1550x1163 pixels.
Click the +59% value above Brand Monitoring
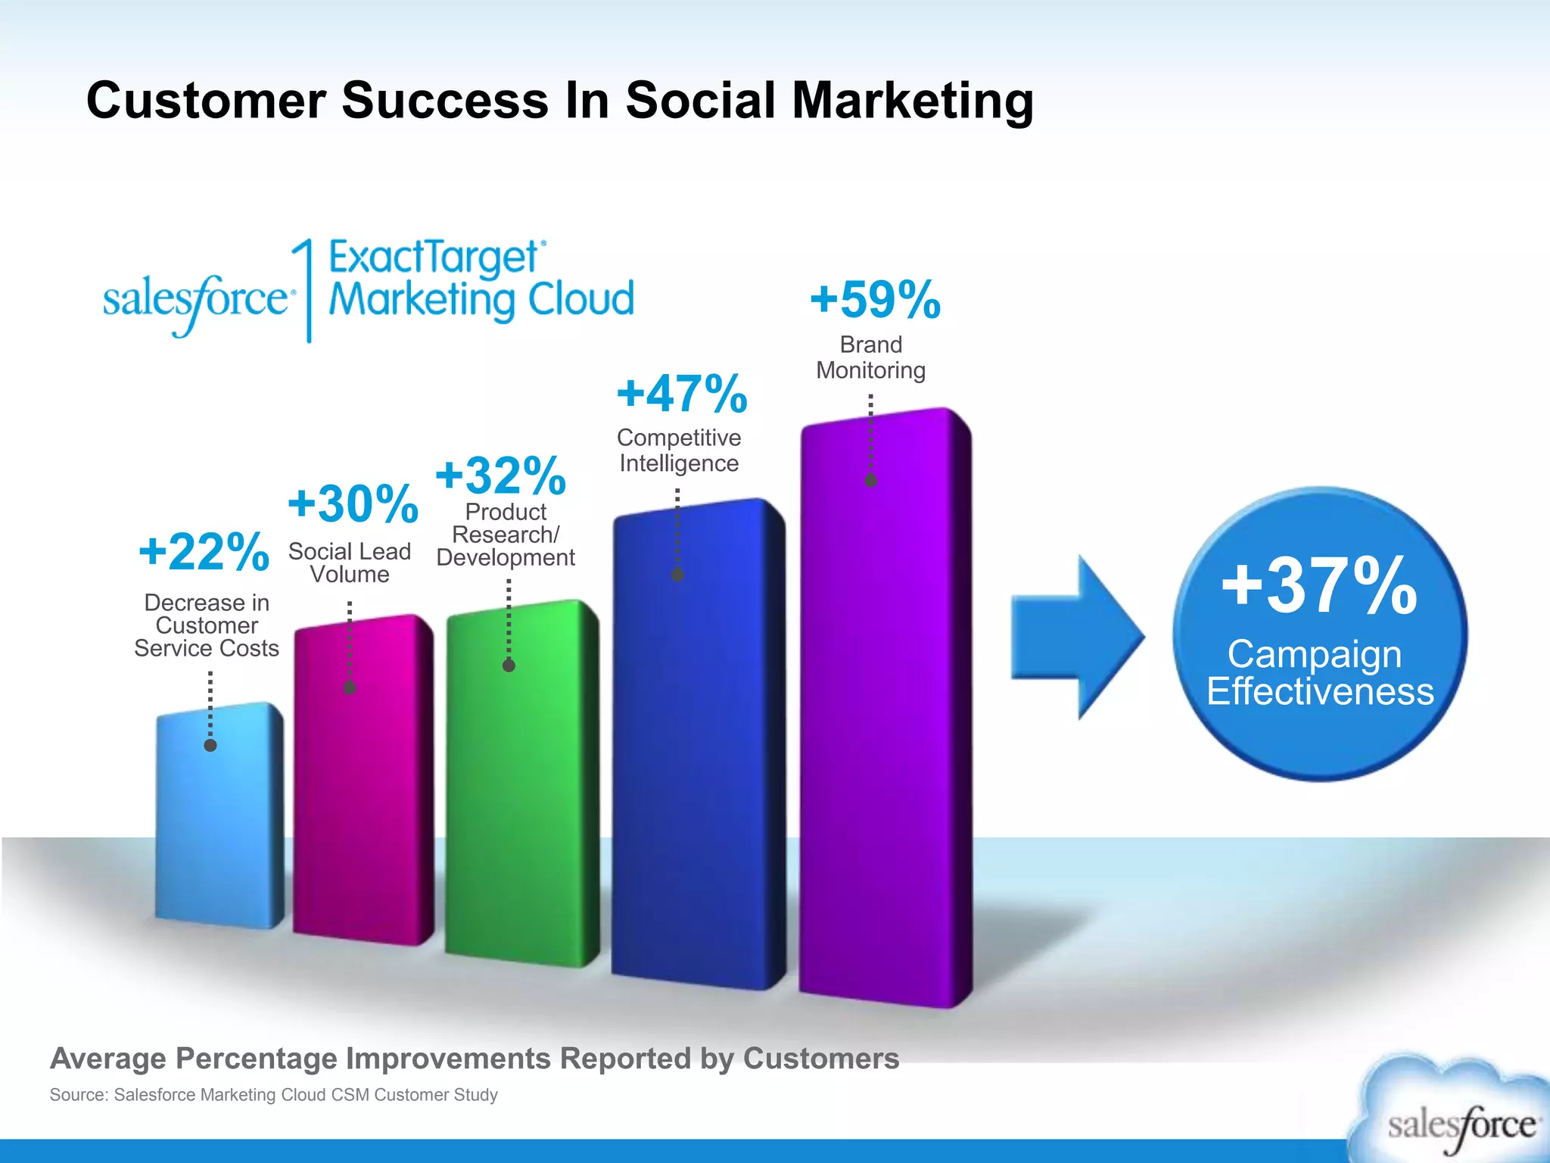(875, 300)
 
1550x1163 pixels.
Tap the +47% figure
(682, 394)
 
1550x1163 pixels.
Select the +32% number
(500, 475)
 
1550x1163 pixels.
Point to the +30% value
(353, 504)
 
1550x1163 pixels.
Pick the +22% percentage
(204, 551)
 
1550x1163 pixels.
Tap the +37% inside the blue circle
(1319, 586)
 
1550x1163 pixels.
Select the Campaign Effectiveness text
(1319, 672)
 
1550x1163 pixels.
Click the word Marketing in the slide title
(912, 101)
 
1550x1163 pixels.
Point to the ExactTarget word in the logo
(433, 257)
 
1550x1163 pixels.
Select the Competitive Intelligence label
(679, 451)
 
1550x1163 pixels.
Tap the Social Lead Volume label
(349, 563)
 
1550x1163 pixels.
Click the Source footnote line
(273, 1095)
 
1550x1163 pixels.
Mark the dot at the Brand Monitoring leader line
(870, 480)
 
